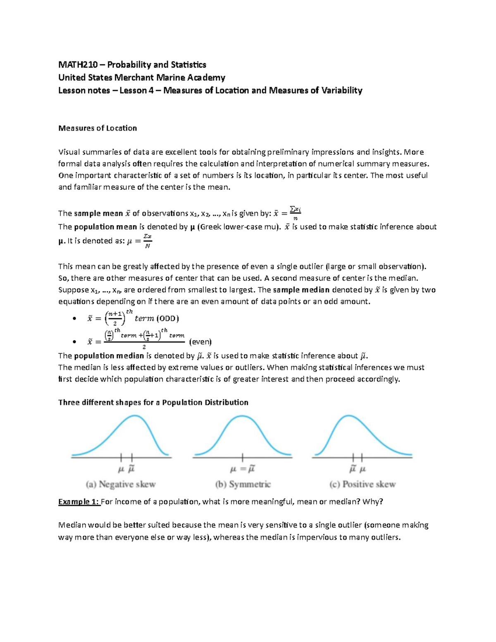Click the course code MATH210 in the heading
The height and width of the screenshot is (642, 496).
78,65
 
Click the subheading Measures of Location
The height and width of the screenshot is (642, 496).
98,128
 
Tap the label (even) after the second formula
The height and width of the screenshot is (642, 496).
200,342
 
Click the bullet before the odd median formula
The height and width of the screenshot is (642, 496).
74,319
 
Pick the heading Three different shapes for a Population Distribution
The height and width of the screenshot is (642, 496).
153,403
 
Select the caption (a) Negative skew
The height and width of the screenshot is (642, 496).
121,484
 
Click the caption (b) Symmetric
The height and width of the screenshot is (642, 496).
243,484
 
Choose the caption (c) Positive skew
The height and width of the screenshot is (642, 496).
362,484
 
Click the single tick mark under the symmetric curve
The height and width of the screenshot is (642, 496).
242,457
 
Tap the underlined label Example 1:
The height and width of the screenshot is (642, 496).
79,502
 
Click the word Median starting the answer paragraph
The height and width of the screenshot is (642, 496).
72,525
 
